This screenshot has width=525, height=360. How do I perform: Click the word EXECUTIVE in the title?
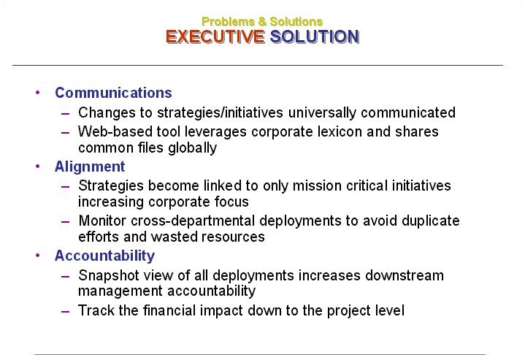point(215,37)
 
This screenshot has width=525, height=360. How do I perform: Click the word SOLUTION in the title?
point(315,37)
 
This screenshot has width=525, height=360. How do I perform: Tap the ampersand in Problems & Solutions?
point(262,22)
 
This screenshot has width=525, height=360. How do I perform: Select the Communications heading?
point(113,93)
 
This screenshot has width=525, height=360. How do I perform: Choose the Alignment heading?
point(90,166)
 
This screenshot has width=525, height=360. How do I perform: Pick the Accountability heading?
point(105,256)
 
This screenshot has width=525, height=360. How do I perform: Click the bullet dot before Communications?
point(37,92)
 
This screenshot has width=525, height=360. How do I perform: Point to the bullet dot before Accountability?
point(37,255)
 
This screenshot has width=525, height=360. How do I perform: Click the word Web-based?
point(115,131)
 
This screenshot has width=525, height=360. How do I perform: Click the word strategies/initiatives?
point(220,112)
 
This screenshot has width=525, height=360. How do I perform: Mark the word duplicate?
point(431,221)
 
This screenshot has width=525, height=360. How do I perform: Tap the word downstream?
point(405,275)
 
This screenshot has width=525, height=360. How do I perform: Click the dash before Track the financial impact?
point(65,311)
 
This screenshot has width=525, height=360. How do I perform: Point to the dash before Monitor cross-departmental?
point(65,222)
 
